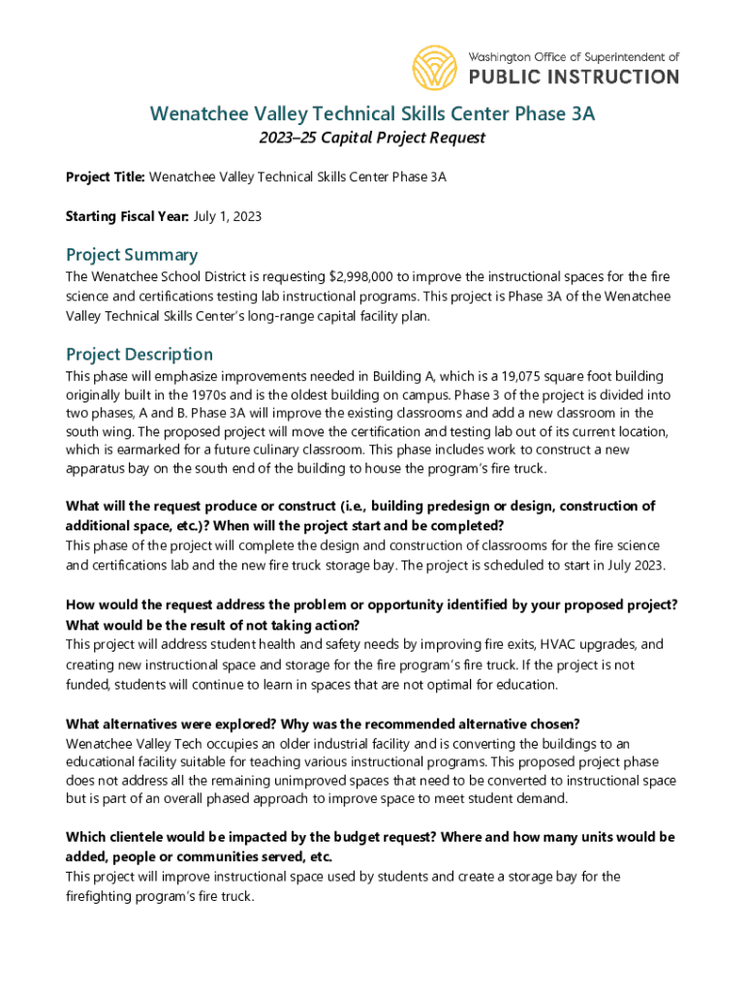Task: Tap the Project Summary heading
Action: tap(132, 255)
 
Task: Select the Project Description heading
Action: tap(140, 354)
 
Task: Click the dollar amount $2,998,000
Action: tap(363, 277)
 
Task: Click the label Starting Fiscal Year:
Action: tap(127, 216)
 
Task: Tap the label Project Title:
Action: tap(105, 177)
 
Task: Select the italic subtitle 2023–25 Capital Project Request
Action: tap(372, 138)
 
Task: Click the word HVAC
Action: tap(561, 645)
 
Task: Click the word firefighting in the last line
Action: tap(101, 897)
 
